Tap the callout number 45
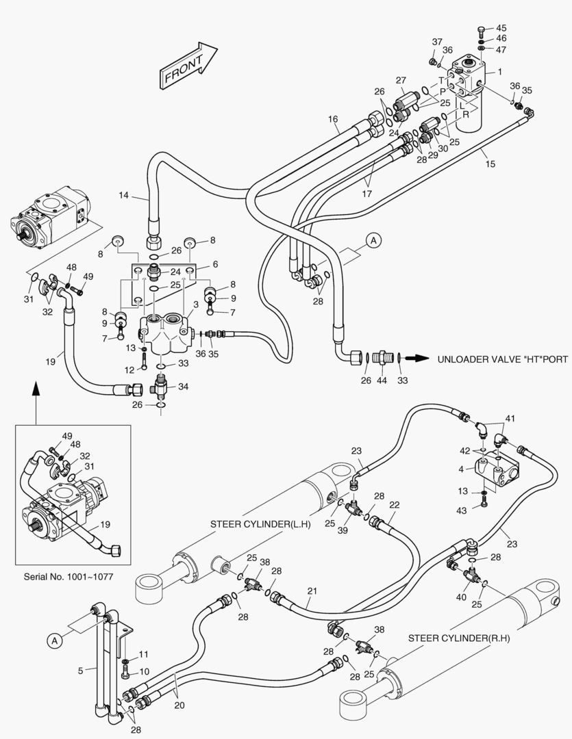(501, 28)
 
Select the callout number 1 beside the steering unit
(499, 72)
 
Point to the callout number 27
(401, 81)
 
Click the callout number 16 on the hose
(332, 119)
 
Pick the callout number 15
(490, 164)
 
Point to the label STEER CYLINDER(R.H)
(459, 638)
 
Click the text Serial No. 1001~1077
(68, 577)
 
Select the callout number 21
(312, 591)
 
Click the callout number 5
(81, 671)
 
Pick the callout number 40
(461, 597)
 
